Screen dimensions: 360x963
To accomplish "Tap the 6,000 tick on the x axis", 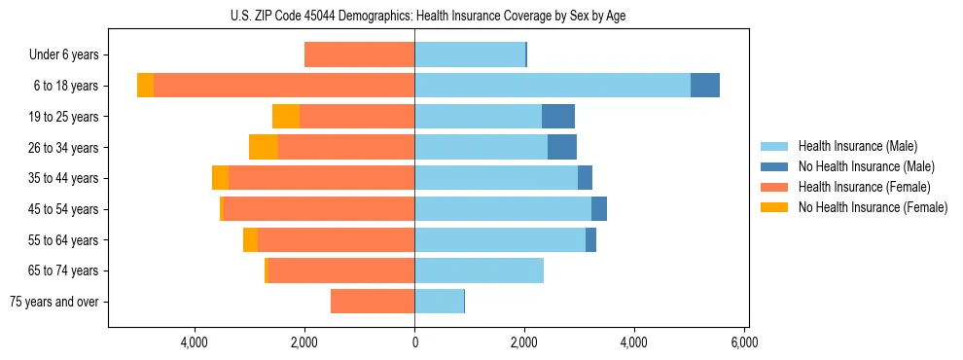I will [x=744, y=342].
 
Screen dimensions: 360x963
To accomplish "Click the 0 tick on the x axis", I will [x=414, y=342].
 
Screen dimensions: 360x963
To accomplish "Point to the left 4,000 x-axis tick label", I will [x=195, y=342].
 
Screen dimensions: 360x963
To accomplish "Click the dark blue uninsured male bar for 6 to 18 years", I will [x=705, y=86].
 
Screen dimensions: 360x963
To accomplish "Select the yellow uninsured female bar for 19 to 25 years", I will [x=286, y=117].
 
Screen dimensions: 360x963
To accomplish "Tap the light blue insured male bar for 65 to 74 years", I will [x=479, y=270].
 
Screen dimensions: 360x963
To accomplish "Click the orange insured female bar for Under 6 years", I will [x=360, y=55].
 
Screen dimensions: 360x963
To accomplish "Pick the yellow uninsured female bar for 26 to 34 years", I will [x=264, y=147].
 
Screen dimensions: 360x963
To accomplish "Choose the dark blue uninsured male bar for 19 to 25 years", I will [x=558, y=117].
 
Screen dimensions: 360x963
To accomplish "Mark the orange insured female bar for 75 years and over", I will [x=373, y=302].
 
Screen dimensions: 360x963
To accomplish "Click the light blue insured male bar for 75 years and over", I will [x=439, y=302].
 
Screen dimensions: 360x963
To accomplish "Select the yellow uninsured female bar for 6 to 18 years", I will [x=145, y=86].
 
